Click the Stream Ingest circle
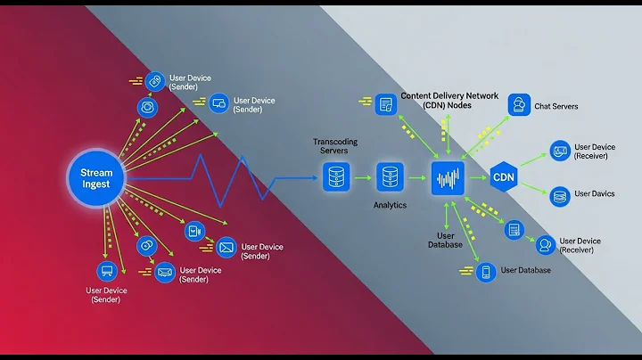click(x=95, y=177)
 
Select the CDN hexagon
click(x=504, y=177)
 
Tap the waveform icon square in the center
click(x=449, y=178)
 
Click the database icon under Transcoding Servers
click(x=335, y=177)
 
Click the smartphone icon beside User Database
click(x=485, y=272)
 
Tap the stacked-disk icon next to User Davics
click(x=559, y=196)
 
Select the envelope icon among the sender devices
click(x=226, y=246)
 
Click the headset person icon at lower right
click(x=543, y=244)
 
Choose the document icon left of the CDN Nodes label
click(x=385, y=104)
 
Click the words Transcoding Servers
click(x=335, y=147)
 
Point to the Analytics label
click(x=390, y=205)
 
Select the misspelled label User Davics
click(x=594, y=194)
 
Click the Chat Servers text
click(x=556, y=107)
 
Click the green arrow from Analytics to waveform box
click(x=419, y=178)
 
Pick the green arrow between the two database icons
click(x=363, y=178)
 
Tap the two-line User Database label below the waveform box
click(x=446, y=239)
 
